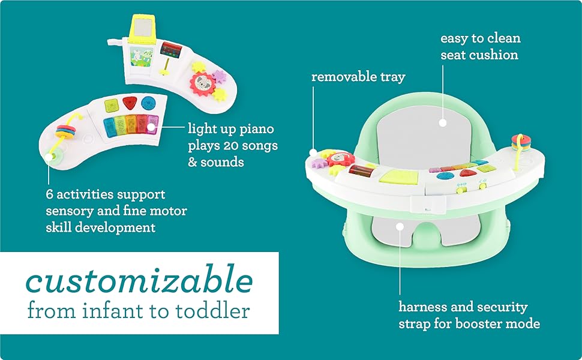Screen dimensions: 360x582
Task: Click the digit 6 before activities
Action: pos(49,195)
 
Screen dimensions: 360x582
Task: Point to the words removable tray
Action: pos(358,77)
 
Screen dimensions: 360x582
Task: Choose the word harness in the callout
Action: pos(422,307)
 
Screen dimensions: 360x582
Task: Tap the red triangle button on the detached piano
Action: pos(130,103)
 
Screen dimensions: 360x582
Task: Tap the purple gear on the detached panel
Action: pos(219,76)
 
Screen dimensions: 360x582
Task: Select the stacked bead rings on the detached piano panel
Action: pos(65,131)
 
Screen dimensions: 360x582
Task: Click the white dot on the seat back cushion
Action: pos(442,122)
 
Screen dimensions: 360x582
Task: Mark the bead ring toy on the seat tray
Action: pos(517,145)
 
